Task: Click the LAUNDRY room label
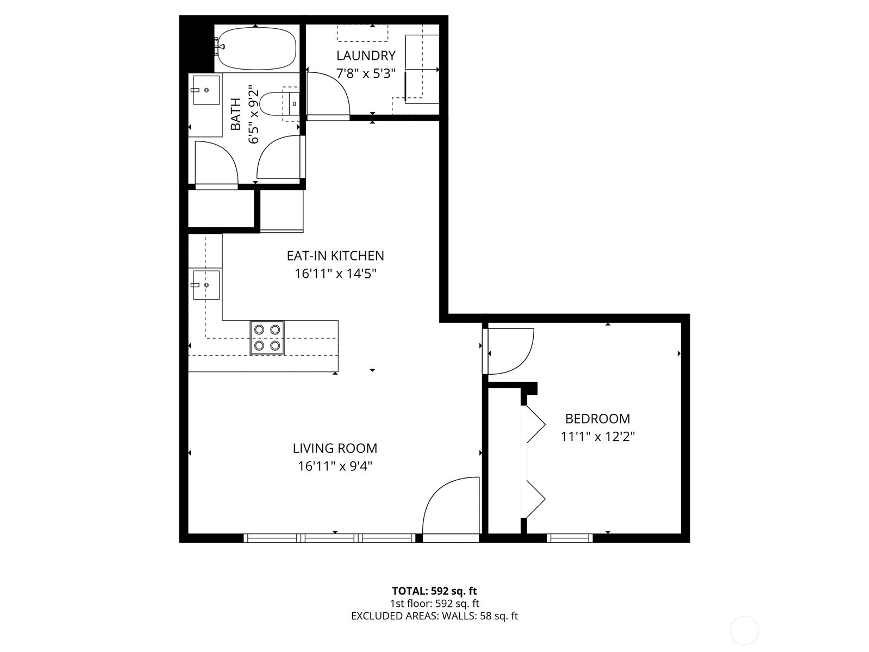(x=365, y=55)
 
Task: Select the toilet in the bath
(x=274, y=104)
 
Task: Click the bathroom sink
(x=206, y=90)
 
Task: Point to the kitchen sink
(x=206, y=284)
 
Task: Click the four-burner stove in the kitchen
(x=267, y=338)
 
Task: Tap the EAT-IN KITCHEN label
(x=335, y=256)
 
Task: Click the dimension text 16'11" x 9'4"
(x=335, y=466)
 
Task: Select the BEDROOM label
(x=597, y=419)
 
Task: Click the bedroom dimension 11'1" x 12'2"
(x=597, y=436)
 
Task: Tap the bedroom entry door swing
(x=510, y=352)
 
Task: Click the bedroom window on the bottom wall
(x=569, y=538)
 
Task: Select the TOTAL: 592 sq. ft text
(x=434, y=591)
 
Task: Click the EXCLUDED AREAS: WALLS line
(x=434, y=616)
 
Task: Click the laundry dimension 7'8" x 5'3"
(x=365, y=73)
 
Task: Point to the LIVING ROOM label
(x=335, y=449)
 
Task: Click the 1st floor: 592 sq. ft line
(x=434, y=604)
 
